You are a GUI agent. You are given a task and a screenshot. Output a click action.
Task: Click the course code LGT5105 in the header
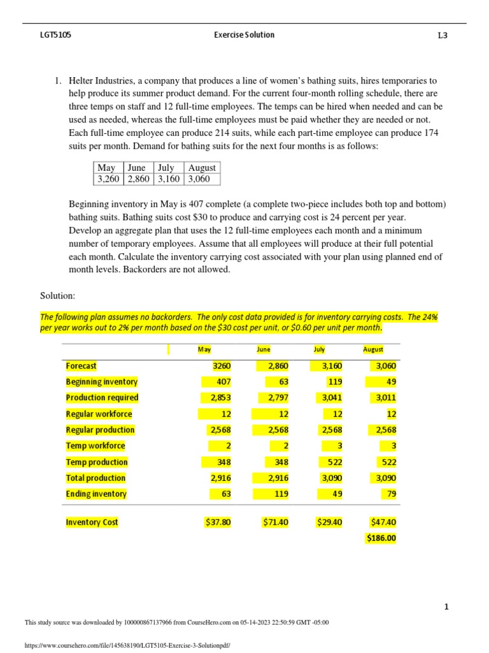pyautogui.click(x=55, y=35)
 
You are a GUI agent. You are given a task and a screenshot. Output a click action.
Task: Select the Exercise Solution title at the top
pyautogui.click(x=244, y=35)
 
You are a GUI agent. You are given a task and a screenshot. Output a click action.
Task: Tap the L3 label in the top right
pyautogui.click(x=442, y=36)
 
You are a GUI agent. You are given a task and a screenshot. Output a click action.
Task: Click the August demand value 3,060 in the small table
pyautogui.click(x=202, y=179)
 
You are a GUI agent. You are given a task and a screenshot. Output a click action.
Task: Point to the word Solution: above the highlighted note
pyautogui.click(x=58, y=296)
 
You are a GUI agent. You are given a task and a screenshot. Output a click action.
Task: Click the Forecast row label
pyautogui.click(x=81, y=366)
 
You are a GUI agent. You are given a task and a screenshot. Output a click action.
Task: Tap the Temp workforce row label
pyautogui.click(x=96, y=446)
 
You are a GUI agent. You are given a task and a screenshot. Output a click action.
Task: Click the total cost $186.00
pyautogui.click(x=381, y=538)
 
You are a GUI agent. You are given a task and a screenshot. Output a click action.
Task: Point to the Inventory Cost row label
pyautogui.click(x=92, y=522)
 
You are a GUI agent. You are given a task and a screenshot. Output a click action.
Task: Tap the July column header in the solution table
pyautogui.click(x=319, y=349)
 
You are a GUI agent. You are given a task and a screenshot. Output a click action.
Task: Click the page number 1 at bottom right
pyautogui.click(x=446, y=607)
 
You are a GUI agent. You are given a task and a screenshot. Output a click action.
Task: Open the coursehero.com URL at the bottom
pyautogui.click(x=127, y=645)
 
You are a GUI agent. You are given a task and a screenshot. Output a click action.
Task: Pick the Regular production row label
pyautogui.click(x=100, y=430)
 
